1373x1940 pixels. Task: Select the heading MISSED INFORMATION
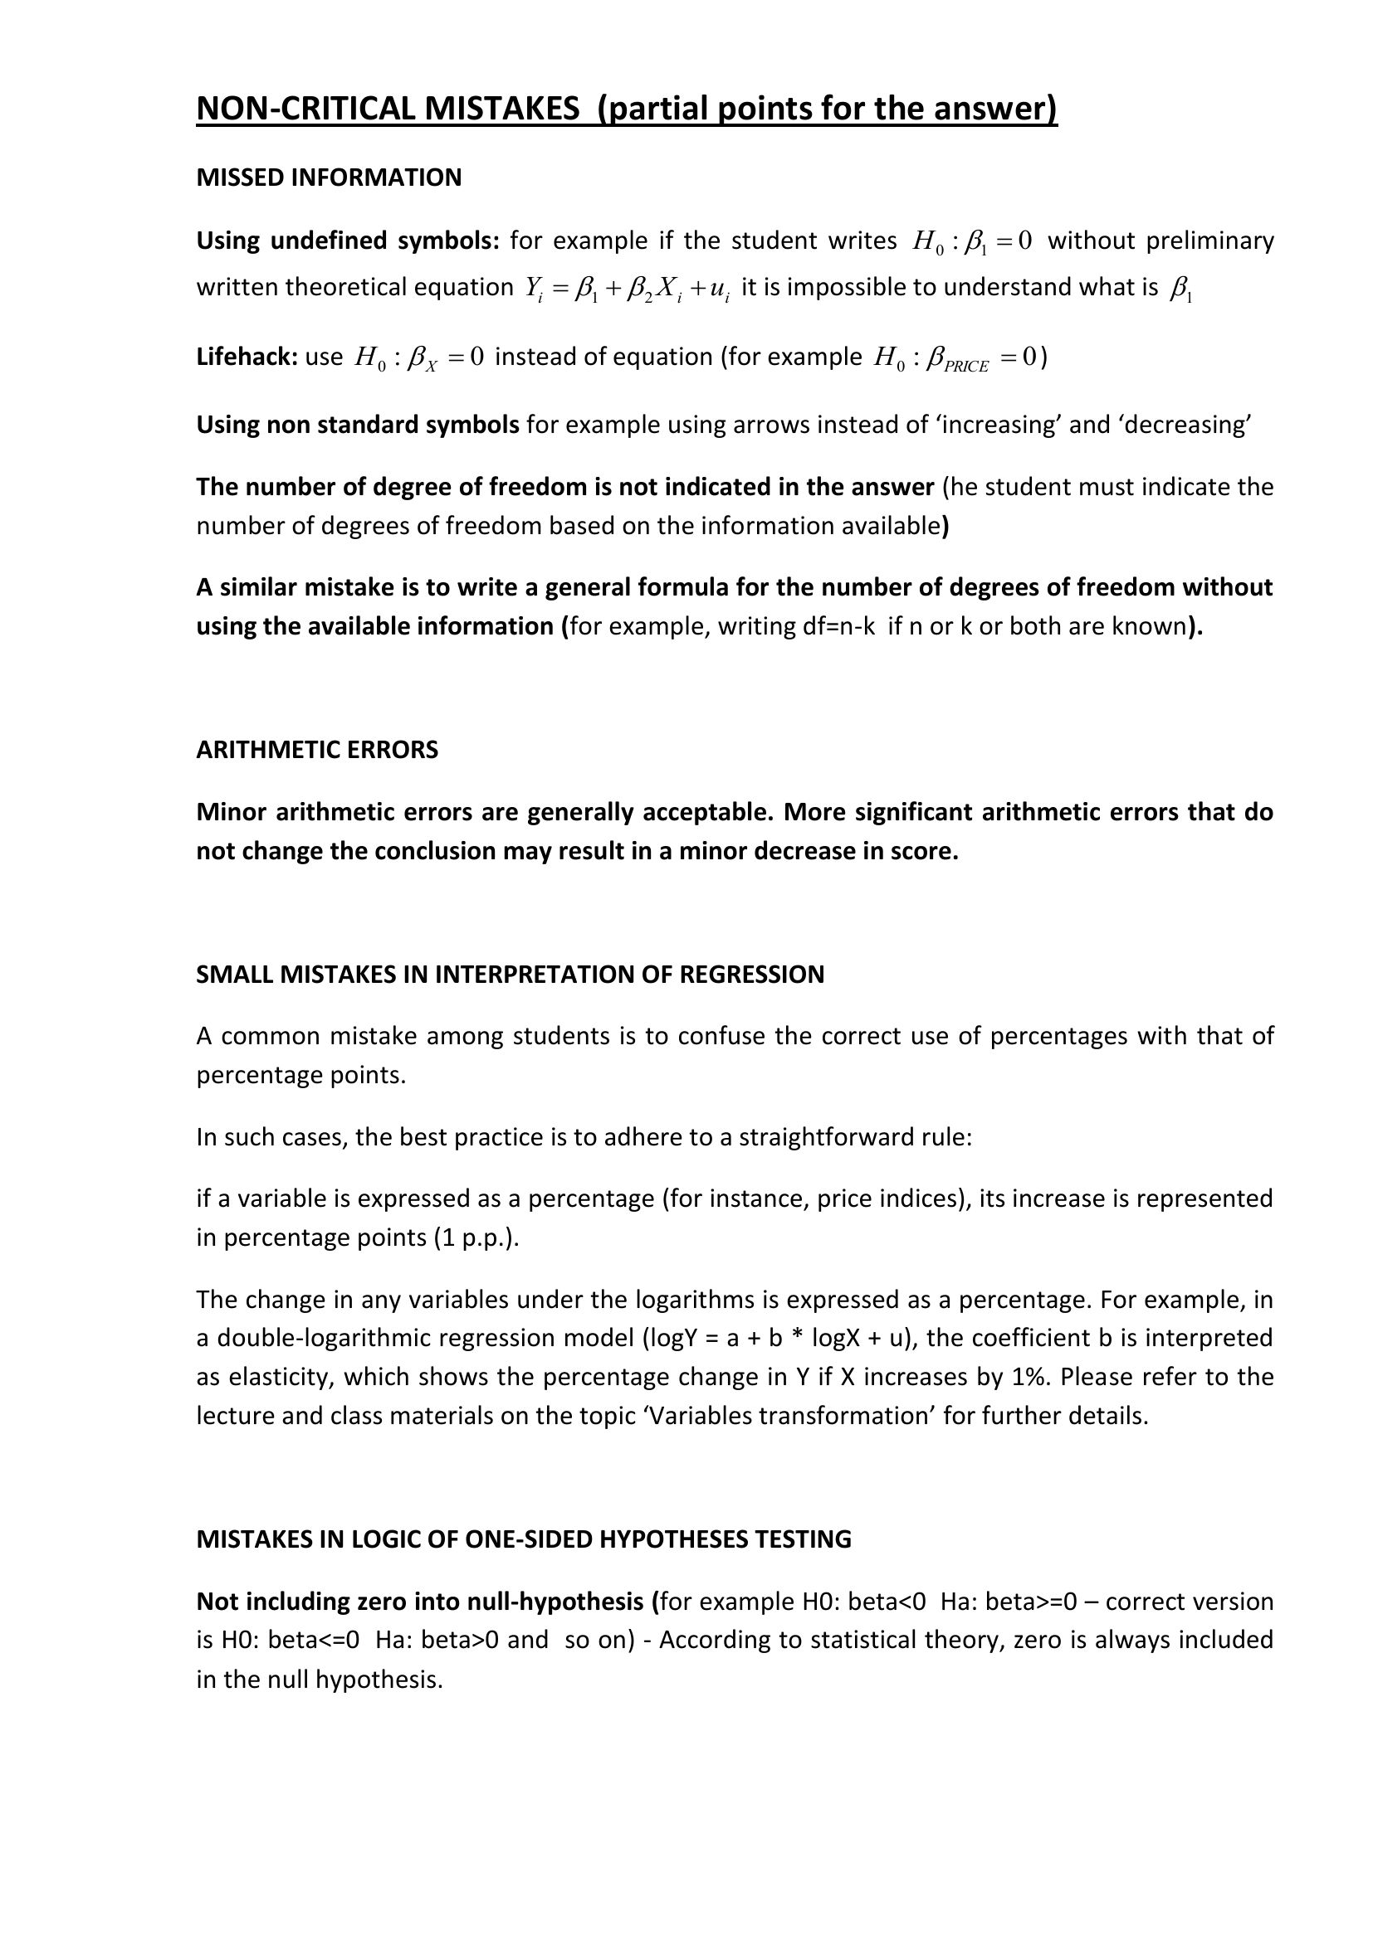[x=329, y=177]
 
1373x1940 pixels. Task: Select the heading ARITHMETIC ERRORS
[x=317, y=750]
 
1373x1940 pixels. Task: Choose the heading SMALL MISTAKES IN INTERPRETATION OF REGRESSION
[x=510, y=975]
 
